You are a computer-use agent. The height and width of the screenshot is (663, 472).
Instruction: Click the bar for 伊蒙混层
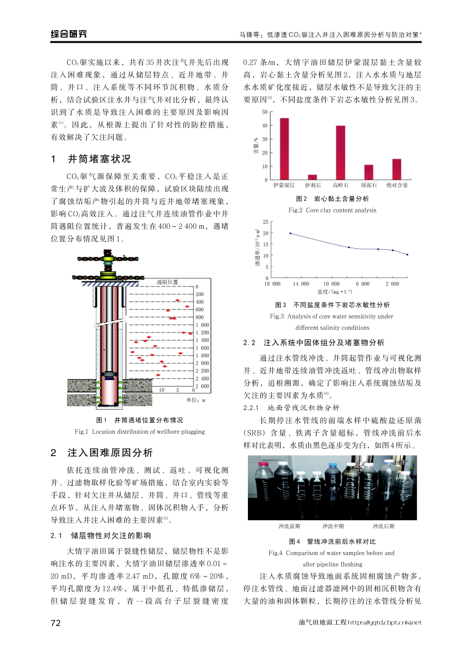pyautogui.click(x=284, y=149)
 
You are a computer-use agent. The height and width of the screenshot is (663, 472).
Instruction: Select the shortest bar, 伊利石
pyautogui.click(x=312, y=177)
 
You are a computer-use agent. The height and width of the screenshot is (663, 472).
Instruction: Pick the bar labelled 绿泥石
pyautogui.click(x=369, y=172)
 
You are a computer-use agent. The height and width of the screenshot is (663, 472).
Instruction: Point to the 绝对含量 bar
pyautogui.click(x=396, y=169)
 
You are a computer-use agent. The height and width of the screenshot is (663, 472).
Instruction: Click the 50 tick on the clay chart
pyautogui.click(x=265, y=112)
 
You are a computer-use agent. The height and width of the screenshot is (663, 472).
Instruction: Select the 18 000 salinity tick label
pyautogui.click(x=272, y=284)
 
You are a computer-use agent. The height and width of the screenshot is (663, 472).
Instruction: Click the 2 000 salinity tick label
pyautogui.click(x=393, y=284)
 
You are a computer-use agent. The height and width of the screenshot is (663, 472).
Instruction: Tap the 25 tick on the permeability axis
pyautogui.click(x=265, y=222)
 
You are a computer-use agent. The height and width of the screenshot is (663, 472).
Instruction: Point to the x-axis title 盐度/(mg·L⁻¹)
pyautogui.click(x=334, y=292)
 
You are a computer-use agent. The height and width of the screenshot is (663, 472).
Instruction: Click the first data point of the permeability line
pyautogui.click(x=290, y=233)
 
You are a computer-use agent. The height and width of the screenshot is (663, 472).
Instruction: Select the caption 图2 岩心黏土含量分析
pyautogui.click(x=332, y=198)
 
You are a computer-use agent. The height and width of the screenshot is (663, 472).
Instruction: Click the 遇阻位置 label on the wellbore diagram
pyautogui.click(x=167, y=282)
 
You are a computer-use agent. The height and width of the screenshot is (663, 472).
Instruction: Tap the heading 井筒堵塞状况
pyautogui.click(x=99, y=159)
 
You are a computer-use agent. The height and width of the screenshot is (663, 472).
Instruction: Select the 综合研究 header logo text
pyautogui.click(x=69, y=34)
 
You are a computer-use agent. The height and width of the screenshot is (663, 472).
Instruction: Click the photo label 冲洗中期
pyautogui.click(x=333, y=526)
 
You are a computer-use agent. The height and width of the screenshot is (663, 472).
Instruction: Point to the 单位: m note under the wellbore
pyautogui.click(x=195, y=400)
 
